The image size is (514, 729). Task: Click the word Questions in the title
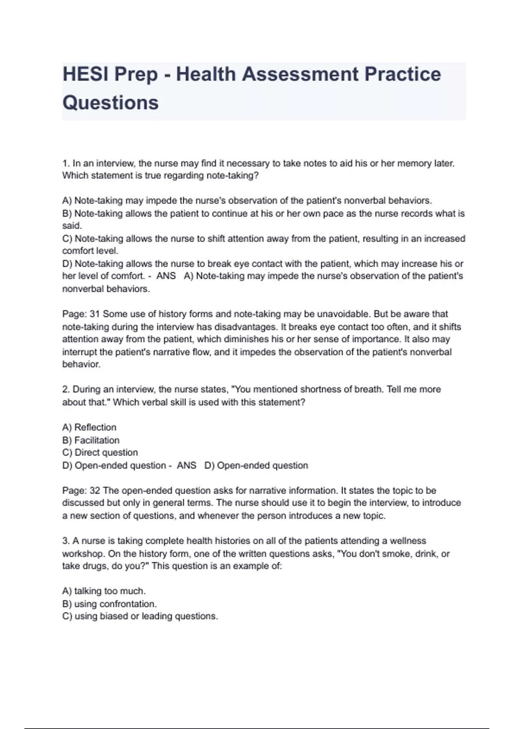tap(111, 103)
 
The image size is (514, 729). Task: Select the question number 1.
tap(66, 163)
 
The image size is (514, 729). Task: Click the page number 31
tap(94, 314)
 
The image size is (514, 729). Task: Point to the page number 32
tap(94, 491)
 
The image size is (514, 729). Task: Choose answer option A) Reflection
tap(89, 428)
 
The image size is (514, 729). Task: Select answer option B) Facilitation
tap(91, 440)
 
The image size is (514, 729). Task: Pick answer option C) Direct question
tap(100, 453)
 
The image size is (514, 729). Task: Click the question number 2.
tap(66, 390)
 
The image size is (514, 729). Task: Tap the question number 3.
tap(66, 541)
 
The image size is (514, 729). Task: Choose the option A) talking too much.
tap(104, 591)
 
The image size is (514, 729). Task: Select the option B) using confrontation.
tap(110, 604)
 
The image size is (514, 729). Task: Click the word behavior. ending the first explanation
tap(81, 364)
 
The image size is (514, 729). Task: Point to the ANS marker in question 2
tap(186, 466)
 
